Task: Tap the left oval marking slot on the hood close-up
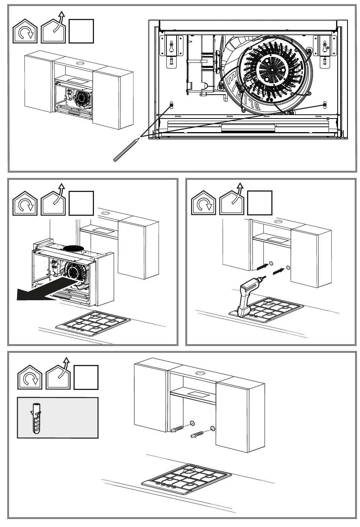coord(171,105)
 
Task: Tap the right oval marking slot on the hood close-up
coord(325,104)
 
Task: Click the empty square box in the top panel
coord(81,31)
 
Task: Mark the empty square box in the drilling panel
coord(260,203)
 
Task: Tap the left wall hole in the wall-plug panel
coord(192,423)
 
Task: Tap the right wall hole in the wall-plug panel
coord(212,429)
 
